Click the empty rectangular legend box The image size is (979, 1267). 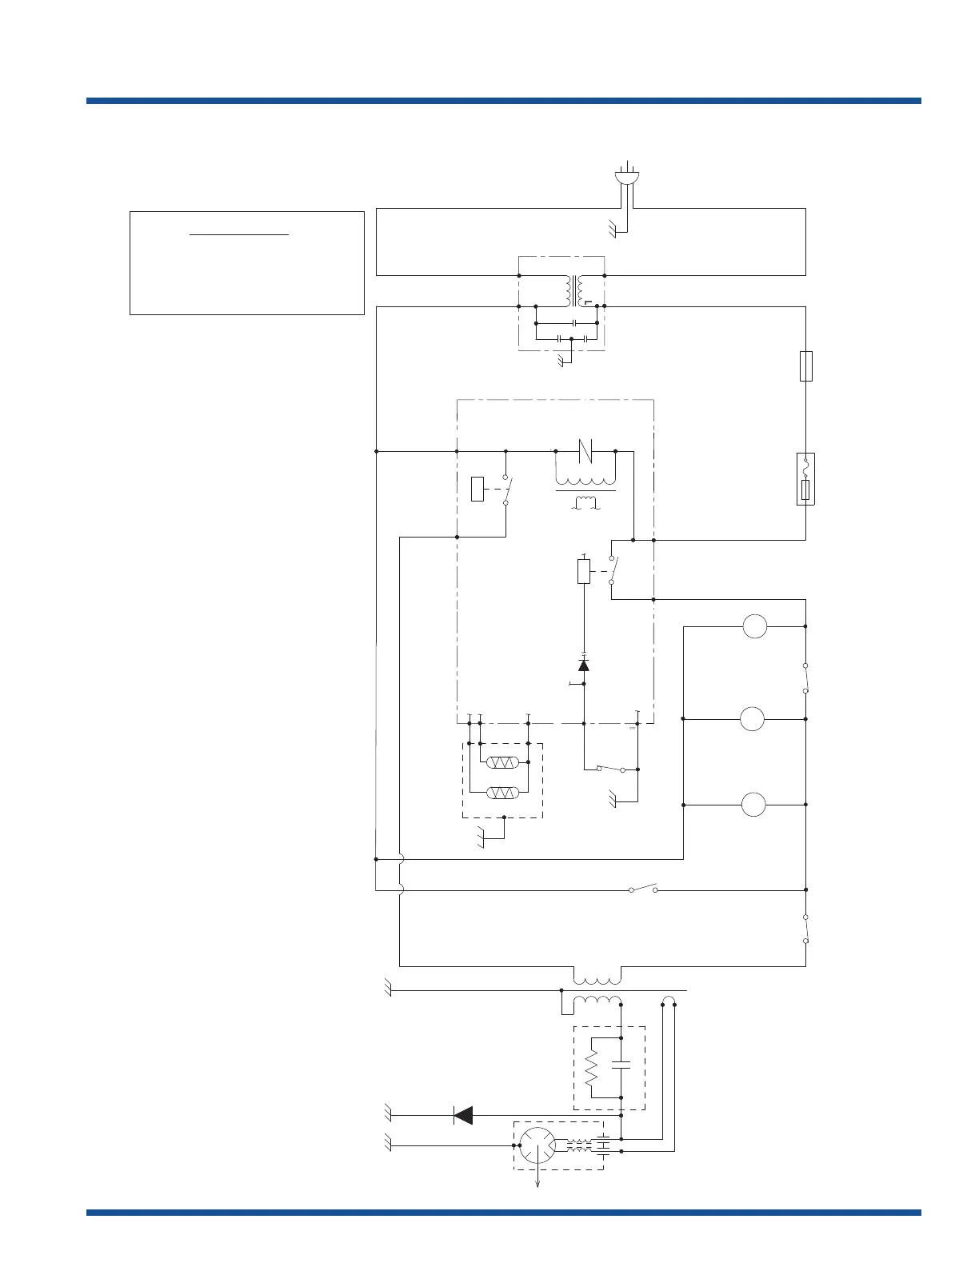point(246,263)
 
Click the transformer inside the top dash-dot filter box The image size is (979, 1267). point(574,291)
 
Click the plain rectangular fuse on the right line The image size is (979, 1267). point(806,366)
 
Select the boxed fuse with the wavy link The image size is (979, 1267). point(806,479)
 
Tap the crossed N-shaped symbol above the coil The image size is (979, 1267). point(585,451)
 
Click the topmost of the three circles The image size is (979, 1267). point(754,626)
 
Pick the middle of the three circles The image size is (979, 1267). point(753,719)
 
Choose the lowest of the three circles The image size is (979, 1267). point(753,805)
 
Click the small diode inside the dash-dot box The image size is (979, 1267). point(583,665)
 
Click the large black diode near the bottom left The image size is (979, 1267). point(462,1114)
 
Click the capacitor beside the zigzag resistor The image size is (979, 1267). point(621,1065)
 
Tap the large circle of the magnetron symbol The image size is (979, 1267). point(537,1146)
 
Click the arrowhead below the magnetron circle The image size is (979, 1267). point(537,1185)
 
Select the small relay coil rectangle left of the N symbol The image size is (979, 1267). point(478,489)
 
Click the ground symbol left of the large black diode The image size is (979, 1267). point(388,1113)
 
